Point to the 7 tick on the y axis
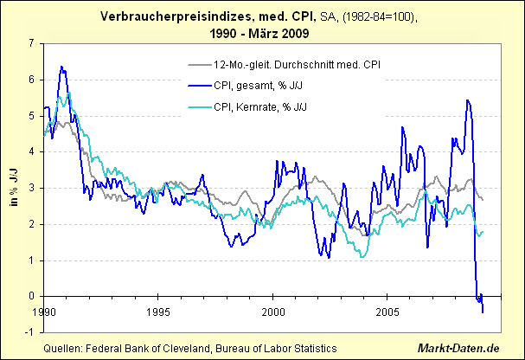click(31, 43)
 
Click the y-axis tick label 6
click(31, 80)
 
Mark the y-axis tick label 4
click(31, 151)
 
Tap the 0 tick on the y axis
click(31, 296)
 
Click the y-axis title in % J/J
click(14, 187)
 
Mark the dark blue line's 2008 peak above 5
click(467, 100)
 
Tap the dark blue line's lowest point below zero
click(483, 312)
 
